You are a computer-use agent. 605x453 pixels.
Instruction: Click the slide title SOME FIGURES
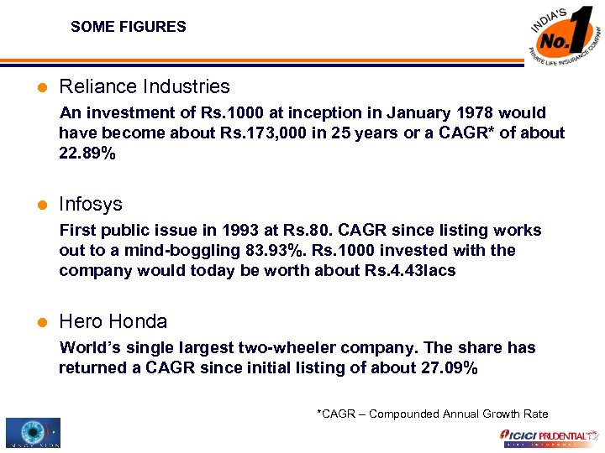[x=129, y=27]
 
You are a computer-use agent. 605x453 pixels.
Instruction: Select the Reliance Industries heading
[x=144, y=86]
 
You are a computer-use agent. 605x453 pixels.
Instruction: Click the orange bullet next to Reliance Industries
[x=42, y=87]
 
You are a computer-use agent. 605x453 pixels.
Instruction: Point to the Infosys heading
[x=91, y=204]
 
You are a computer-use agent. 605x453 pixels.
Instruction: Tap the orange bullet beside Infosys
[x=42, y=205]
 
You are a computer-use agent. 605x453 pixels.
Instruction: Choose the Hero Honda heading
[x=113, y=321]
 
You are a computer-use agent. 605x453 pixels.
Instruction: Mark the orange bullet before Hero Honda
[x=42, y=322]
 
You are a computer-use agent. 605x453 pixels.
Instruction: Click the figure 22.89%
[x=87, y=153]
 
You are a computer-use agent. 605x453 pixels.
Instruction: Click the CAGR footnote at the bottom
[x=432, y=414]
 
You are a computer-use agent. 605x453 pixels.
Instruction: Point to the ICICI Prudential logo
[x=546, y=437]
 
